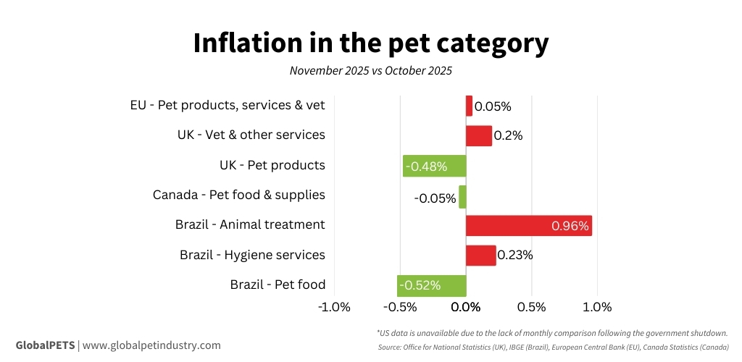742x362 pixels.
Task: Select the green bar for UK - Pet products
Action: pyautogui.click(x=434, y=166)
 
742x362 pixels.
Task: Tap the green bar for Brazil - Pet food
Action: pyautogui.click(x=431, y=285)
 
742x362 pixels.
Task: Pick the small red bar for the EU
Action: pyautogui.click(x=469, y=106)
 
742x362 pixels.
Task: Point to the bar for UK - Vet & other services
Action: pyautogui.click(x=478, y=135)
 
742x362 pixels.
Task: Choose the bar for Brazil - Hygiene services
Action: pyautogui.click(x=480, y=255)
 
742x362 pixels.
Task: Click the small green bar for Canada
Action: pyautogui.click(x=462, y=197)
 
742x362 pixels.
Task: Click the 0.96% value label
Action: pyautogui.click(x=570, y=226)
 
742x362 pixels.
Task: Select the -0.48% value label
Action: pyautogui.click(x=426, y=167)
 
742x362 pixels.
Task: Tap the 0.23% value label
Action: pyautogui.click(x=515, y=255)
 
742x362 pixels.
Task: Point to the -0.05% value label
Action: pyautogui.click(x=435, y=198)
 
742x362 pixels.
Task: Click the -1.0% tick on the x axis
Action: pyautogui.click(x=335, y=306)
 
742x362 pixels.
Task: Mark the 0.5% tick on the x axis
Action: pyautogui.click(x=532, y=306)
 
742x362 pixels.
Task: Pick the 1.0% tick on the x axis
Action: pyautogui.click(x=597, y=306)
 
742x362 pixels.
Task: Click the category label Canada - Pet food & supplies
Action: pyautogui.click(x=238, y=195)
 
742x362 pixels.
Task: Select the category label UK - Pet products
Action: pyautogui.click(x=272, y=165)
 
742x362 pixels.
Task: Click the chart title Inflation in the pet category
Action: pyautogui.click(x=370, y=43)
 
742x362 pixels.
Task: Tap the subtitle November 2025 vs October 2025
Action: pyautogui.click(x=370, y=71)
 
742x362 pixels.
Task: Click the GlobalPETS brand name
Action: pyautogui.click(x=45, y=345)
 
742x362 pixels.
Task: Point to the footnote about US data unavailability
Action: pyautogui.click(x=552, y=333)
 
